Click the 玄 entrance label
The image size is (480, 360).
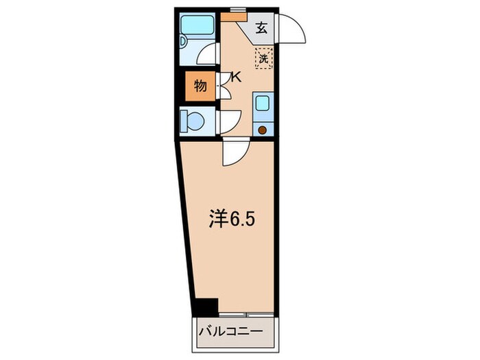click(262, 28)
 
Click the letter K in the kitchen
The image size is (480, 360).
click(236, 77)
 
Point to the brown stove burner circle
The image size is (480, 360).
click(262, 128)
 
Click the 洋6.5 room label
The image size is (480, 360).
click(233, 219)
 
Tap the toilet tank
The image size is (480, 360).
click(183, 122)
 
